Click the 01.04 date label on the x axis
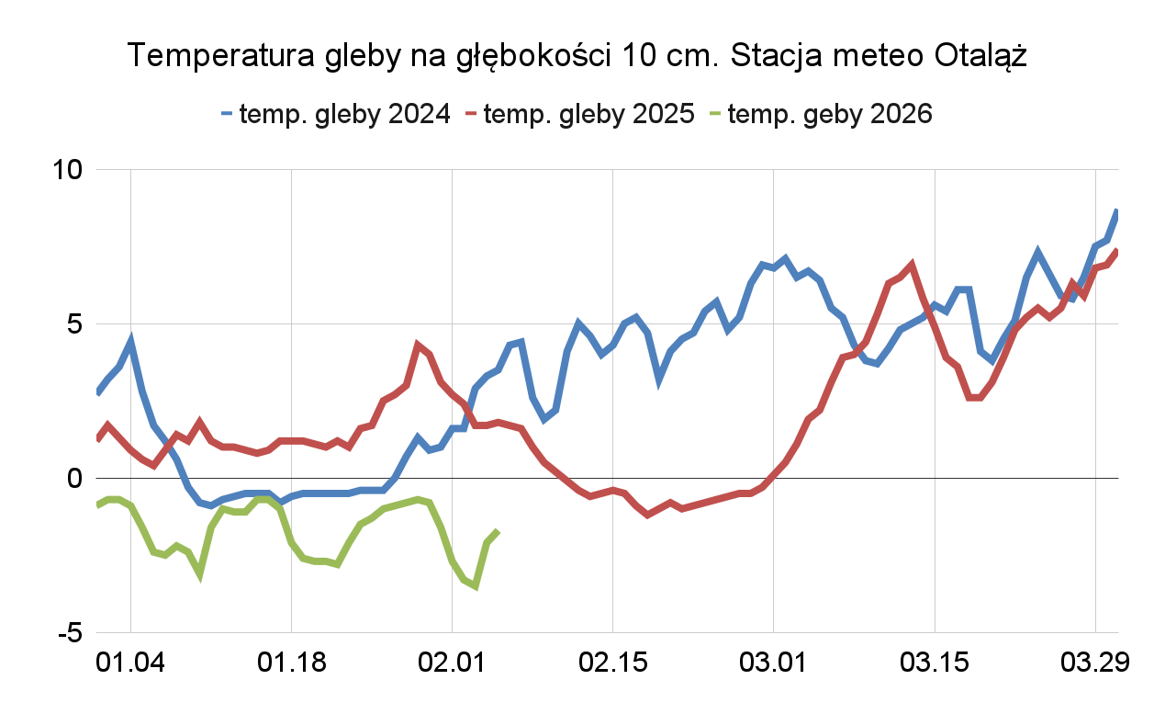[131, 663]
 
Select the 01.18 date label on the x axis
[292, 663]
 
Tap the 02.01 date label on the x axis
[453, 663]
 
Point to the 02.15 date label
[613, 663]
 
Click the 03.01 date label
[774, 663]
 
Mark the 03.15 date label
[935, 663]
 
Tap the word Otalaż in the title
[980, 57]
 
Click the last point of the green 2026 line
[498, 531]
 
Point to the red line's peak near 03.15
[912, 265]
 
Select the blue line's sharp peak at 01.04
[131, 342]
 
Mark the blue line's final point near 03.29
[1117, 211]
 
